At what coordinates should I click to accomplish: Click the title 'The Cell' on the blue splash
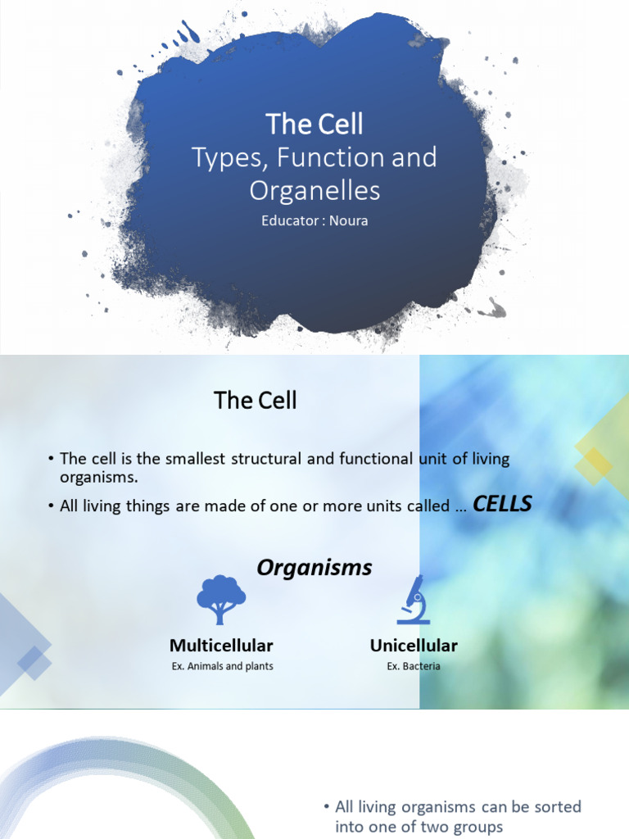point(314,125)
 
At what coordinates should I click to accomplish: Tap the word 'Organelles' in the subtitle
point(314,190)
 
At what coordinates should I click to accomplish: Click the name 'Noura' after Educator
point(349,221)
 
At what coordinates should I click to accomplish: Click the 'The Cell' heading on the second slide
point(255,401)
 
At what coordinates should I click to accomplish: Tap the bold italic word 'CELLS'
point(503,505)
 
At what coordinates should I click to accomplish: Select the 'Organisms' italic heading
point(314,567)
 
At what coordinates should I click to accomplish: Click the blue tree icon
point(221,600)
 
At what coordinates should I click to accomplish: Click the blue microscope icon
point(413,600)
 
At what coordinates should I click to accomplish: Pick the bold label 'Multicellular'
point(221,646)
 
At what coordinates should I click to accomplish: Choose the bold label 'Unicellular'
point(414,646)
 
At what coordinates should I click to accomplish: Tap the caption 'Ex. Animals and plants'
point(222,666)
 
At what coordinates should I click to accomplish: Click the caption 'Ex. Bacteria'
point(414,666)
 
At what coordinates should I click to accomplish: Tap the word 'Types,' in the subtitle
point(220,157)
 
